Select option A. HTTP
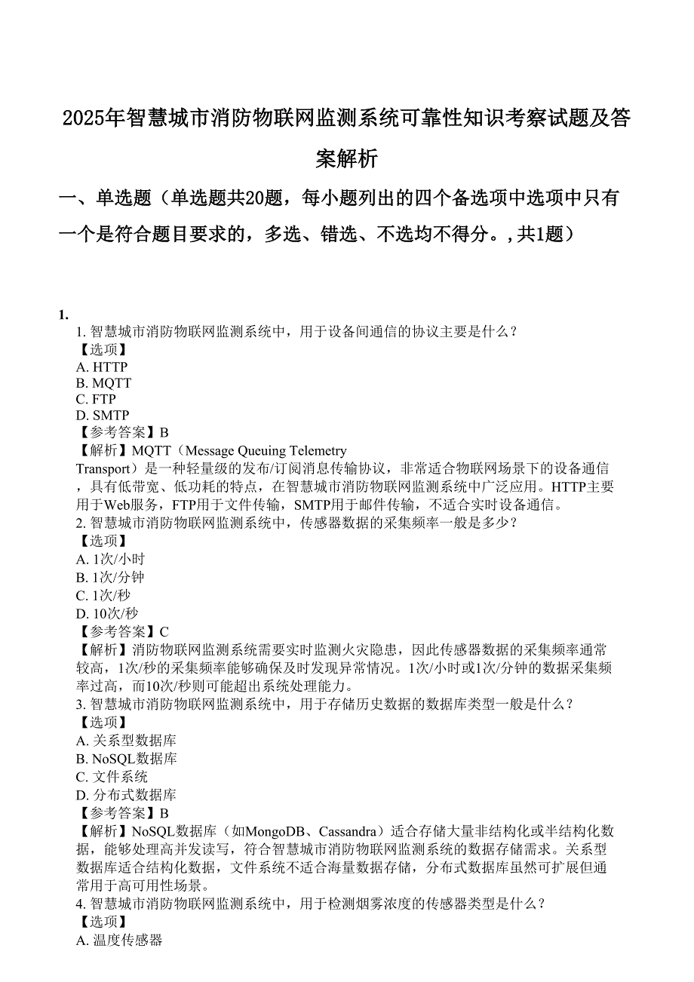(102, 367)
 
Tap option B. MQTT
(103, 383)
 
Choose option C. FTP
(96, 399)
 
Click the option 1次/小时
(110, 559)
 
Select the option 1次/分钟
(110, 577)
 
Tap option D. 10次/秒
(107, 613)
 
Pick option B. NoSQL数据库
(127, 759)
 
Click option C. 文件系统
(112, 777)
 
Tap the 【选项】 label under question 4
(101, 922)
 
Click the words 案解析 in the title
(346, 158)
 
